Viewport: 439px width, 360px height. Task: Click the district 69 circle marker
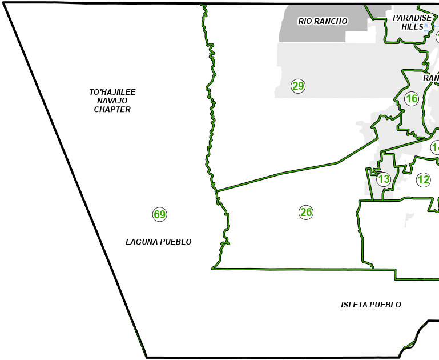pyautogui.click(x=159, y=215)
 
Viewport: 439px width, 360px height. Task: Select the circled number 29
pyautogui.click(x=298, y=86)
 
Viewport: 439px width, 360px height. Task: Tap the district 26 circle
pyautogui.click(x=306, y=213)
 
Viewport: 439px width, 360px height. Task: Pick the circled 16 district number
pyautogui.click(x=412, y=99)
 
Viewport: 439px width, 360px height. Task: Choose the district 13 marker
pyautogui.click(x=384, y=179)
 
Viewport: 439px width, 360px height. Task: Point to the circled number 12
pyautogui.click(x=423, y=180)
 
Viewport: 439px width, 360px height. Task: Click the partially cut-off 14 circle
pyautogui.click(x=436, y=148)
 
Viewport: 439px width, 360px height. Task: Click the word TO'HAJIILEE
pyautogui.click(x=112, y=92)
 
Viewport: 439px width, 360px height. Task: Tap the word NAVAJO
pyautogui.click(x=112, y=101)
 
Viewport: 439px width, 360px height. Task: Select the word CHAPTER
pyautogui.click(x=112, y=109)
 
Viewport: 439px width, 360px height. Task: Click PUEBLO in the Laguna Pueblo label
pyautogui.click(x=175, y=242)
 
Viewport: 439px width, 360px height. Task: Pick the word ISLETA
pyautogui.click(x=354, y=305)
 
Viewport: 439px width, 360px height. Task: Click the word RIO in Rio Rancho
pyautogui.click(x=305, y=22)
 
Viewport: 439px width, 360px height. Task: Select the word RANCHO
pyautogui.click(x=331, y=22)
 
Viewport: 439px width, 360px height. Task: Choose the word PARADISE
pyautogui.click(x=412, y=18)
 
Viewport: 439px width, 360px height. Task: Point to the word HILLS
pyautogui.click(x=412, y=26)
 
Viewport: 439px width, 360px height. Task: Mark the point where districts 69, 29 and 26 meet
pyautogui.click(x=216, y=191)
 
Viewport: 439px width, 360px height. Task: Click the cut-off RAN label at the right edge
pyautogui.click(x=431, y=78)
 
